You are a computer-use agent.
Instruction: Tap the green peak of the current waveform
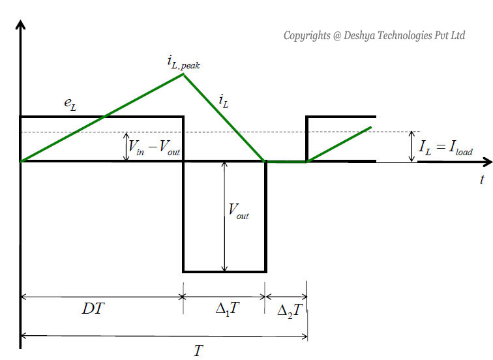tap(183, 74)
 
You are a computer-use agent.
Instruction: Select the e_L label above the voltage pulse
tap(70, 106)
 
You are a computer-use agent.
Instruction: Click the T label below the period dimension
tap(198, 350)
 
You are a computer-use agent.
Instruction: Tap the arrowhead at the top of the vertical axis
tap(21, 26)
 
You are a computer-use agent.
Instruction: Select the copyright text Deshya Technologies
tap(374, 35)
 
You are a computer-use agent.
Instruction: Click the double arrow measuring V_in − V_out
tap(126, 147)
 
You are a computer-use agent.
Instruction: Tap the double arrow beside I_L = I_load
tap(411, 147)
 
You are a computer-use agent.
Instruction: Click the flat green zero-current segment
tap(286, 162)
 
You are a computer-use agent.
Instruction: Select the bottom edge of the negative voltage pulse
tap(224, 271)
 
